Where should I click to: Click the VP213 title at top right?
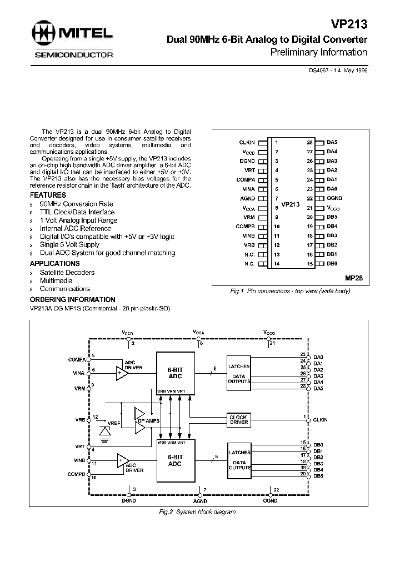[x=350, y=25]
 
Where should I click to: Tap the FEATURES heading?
[x=48, y=195]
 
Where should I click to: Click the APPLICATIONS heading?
[x=54, y=263]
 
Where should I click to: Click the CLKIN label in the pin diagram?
[x=247, y=142]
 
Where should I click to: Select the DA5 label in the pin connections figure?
[x=332, y=142]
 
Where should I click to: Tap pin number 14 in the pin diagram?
[x=276, y=263]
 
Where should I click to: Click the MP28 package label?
[x=354, y=277]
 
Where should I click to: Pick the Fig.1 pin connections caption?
[x=291, y=291]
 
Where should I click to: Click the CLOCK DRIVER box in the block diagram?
[x=238, y=420]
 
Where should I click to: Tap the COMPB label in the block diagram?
[x=77, y=474]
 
